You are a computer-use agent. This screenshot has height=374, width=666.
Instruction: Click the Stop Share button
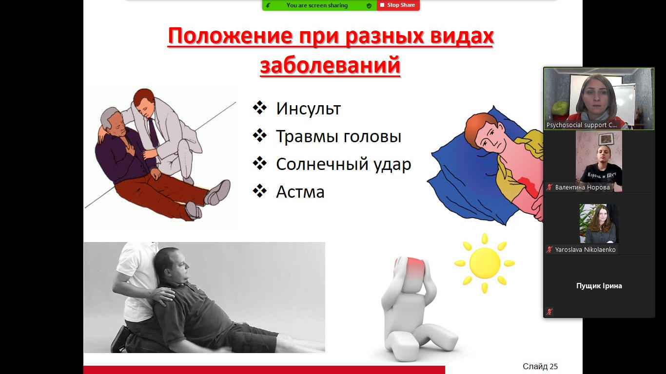tap(398, 5)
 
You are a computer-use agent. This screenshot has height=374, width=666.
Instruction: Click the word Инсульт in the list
tap(308, 109)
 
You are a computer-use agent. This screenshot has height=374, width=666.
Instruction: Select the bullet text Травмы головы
tap(339, 136)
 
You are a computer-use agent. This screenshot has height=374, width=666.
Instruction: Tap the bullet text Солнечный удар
tap(343, 164)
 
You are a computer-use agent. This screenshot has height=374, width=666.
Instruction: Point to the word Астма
tap(300, 192)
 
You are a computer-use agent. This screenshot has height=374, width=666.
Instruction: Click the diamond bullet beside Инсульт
tap(259, 108)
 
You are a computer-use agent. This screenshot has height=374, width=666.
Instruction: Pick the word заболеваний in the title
tap(331, 65)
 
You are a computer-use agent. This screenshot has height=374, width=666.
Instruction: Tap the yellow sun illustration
tap(484, 263)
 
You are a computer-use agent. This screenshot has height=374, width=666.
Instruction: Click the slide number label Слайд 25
tap(540, 366)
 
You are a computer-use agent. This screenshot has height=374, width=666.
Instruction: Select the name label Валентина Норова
tap(582, 187)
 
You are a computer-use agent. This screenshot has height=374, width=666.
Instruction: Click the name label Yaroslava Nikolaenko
tap(585, 249)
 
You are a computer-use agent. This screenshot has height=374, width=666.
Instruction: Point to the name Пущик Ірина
tap(599, 286)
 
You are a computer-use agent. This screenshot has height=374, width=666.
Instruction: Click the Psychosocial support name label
tap(581, 125)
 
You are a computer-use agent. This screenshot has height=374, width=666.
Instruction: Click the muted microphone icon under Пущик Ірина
tap(549, 312)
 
